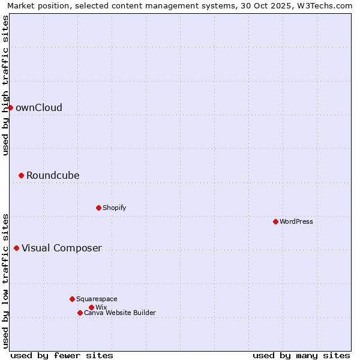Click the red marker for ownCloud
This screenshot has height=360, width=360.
(x=10, y=107)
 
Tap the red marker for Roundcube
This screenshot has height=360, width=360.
(x=21, y=175)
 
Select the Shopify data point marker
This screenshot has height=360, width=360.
(x=98, y=208)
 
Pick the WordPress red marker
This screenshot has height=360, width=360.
(x=275, y=221)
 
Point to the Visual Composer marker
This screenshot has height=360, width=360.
(x=16, y=248)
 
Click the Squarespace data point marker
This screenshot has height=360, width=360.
(x=72, y=299)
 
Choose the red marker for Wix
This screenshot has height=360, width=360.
(x=91, y=307)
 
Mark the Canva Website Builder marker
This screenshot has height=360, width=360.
(x=80, y=313)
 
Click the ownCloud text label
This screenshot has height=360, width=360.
(x=39, y=108)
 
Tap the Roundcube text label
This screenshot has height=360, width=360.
(x=53, y=176)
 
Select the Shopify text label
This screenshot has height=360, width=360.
(x=115, y=208)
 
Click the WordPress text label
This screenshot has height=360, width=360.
(x=296, y=222)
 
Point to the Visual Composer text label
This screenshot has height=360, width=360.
(x=62, y=248)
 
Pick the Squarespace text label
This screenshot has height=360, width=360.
(x=97, y=299)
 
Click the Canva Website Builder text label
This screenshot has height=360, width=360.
(x=120, y=313)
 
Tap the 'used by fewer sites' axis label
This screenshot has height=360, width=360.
(x=62, y=355)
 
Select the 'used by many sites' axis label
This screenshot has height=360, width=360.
(x=301, y=355)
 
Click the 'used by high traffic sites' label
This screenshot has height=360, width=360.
(x=6, y=85)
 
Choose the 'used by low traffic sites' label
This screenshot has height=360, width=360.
(x=6, y=281)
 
